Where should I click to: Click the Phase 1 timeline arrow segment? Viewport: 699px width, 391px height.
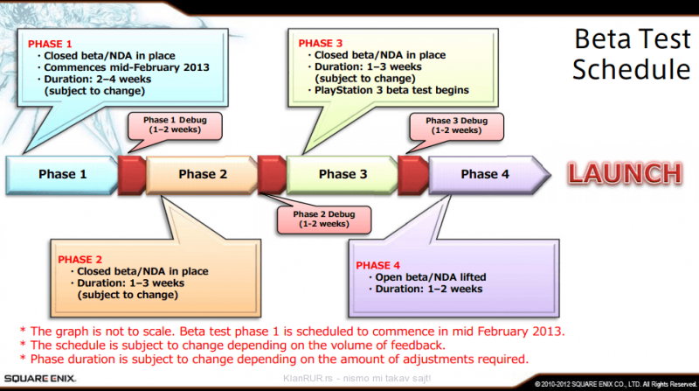point(61,174)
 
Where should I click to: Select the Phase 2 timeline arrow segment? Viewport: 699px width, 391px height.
point(203,174)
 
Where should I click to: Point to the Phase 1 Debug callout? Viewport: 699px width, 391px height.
point(165,123)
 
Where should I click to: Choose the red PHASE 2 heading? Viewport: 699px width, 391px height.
point(80,260)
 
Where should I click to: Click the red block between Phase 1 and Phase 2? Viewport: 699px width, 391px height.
point(132,174)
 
